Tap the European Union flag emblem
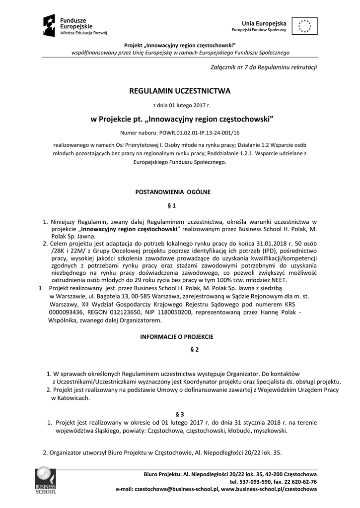305,26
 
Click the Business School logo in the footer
45,480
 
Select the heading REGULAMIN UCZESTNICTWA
180,91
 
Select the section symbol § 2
194,350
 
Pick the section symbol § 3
180,414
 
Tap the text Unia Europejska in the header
264,23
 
